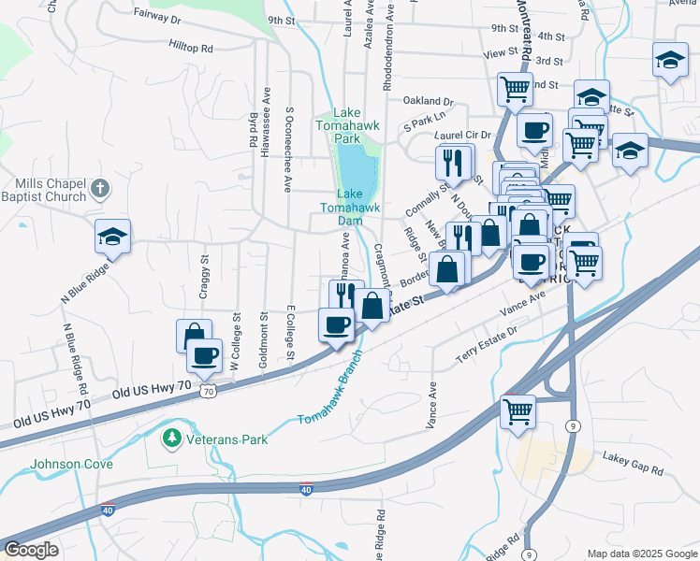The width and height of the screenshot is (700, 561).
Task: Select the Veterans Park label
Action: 226,439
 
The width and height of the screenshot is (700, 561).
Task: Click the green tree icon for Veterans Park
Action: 171,438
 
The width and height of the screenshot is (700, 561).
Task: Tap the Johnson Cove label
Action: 72,464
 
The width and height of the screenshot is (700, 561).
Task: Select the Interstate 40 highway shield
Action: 306,488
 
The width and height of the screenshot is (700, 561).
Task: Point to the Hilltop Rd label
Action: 191,46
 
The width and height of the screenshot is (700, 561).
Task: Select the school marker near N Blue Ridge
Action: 112,237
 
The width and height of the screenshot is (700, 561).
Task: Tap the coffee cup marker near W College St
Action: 205,354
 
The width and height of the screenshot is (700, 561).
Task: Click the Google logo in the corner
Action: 31,550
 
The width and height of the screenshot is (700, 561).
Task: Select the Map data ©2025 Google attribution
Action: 641,554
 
